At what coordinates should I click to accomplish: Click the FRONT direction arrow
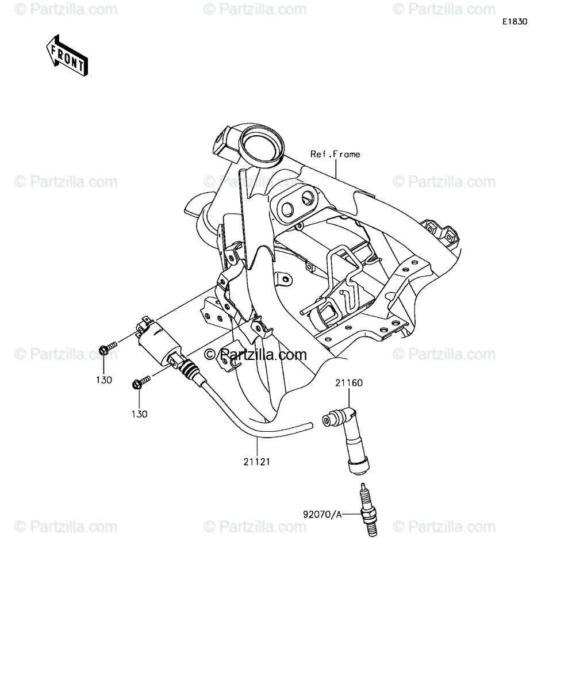67,56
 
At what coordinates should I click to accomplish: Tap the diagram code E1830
515,22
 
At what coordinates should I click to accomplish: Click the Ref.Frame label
335,154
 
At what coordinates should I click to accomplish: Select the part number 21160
349,383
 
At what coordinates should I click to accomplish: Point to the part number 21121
257,462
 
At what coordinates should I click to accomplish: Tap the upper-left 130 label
104,380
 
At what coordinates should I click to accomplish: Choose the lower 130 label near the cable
140,414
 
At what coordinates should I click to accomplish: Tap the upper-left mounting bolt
108,348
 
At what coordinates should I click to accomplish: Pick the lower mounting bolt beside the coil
141,382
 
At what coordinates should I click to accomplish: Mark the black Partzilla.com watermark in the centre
255,355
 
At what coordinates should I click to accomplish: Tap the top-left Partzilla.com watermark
66,9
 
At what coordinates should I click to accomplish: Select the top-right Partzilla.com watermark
444,9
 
